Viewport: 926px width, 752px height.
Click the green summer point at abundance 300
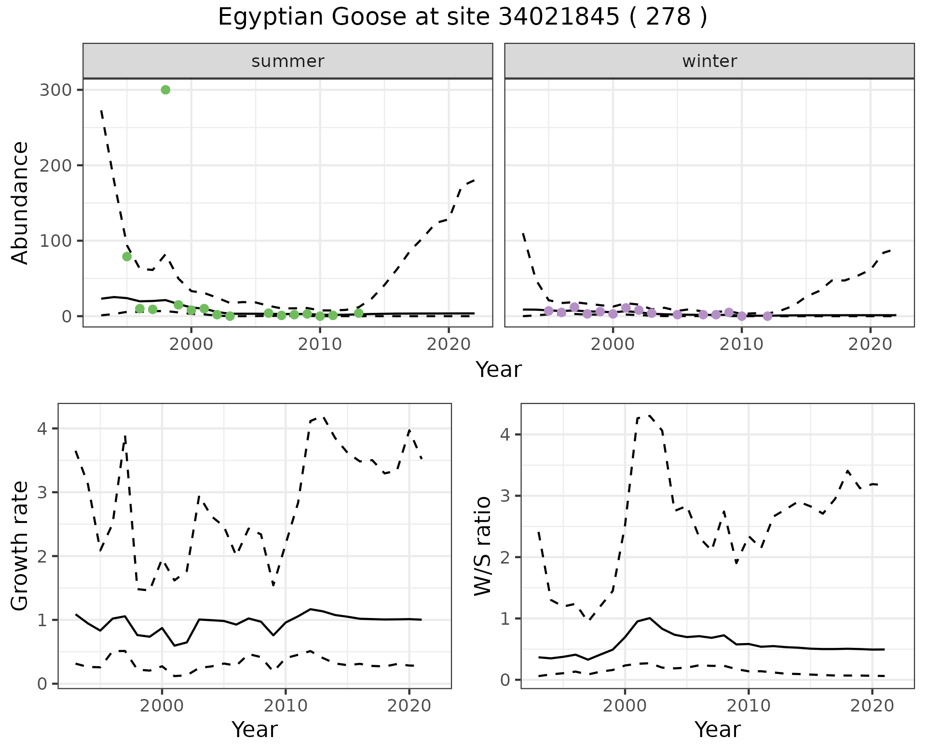click(165, 90)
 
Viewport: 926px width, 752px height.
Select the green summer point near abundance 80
click(127, 256)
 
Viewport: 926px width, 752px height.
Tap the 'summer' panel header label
click(288, 61)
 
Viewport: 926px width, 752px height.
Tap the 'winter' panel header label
click(709, 61)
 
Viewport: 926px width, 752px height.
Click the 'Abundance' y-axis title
click(20, 202)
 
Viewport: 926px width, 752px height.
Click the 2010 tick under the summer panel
click(320, 344)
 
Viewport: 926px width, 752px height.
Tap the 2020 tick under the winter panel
click(871, 344)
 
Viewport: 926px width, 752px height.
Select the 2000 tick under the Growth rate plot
click(162, 706)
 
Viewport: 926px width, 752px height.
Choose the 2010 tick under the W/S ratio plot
click(748, 706)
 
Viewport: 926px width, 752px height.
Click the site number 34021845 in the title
click(558, 17)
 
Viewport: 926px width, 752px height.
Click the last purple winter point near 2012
click(767, 316)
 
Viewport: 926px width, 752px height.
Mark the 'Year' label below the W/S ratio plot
click(718, 729)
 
